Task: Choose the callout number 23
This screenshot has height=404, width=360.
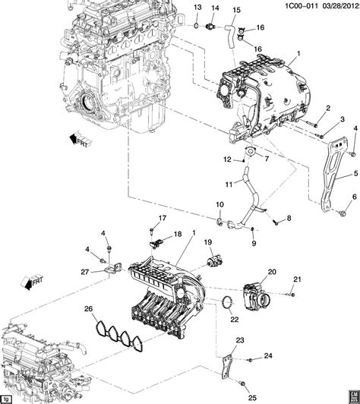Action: click(239, 339)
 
